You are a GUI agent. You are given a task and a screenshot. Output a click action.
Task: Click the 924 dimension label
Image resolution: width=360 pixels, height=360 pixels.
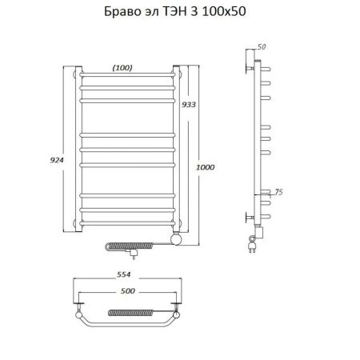coord(57,160)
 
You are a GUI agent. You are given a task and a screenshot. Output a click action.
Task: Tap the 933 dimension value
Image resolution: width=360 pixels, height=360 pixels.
coord(189,105)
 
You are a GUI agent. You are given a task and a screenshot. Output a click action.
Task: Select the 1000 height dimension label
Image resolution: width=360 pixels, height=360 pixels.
coord(206,167)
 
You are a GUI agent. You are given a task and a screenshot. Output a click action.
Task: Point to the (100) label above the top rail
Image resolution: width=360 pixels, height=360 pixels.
coord(122,68)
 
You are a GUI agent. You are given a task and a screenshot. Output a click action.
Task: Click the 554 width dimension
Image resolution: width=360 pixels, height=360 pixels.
coord(124,274)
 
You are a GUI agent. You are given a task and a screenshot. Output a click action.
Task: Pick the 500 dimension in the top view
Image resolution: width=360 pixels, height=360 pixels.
coord(128,290)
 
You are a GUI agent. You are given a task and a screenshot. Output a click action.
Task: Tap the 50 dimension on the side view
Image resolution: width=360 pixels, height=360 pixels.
coord(262,46)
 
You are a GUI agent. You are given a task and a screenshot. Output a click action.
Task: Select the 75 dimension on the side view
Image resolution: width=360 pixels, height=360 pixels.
coord(278,192)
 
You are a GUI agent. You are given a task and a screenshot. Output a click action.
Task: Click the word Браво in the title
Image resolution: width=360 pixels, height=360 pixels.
coord(119,11)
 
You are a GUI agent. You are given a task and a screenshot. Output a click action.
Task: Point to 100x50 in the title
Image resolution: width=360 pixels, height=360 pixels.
coord(224,11)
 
